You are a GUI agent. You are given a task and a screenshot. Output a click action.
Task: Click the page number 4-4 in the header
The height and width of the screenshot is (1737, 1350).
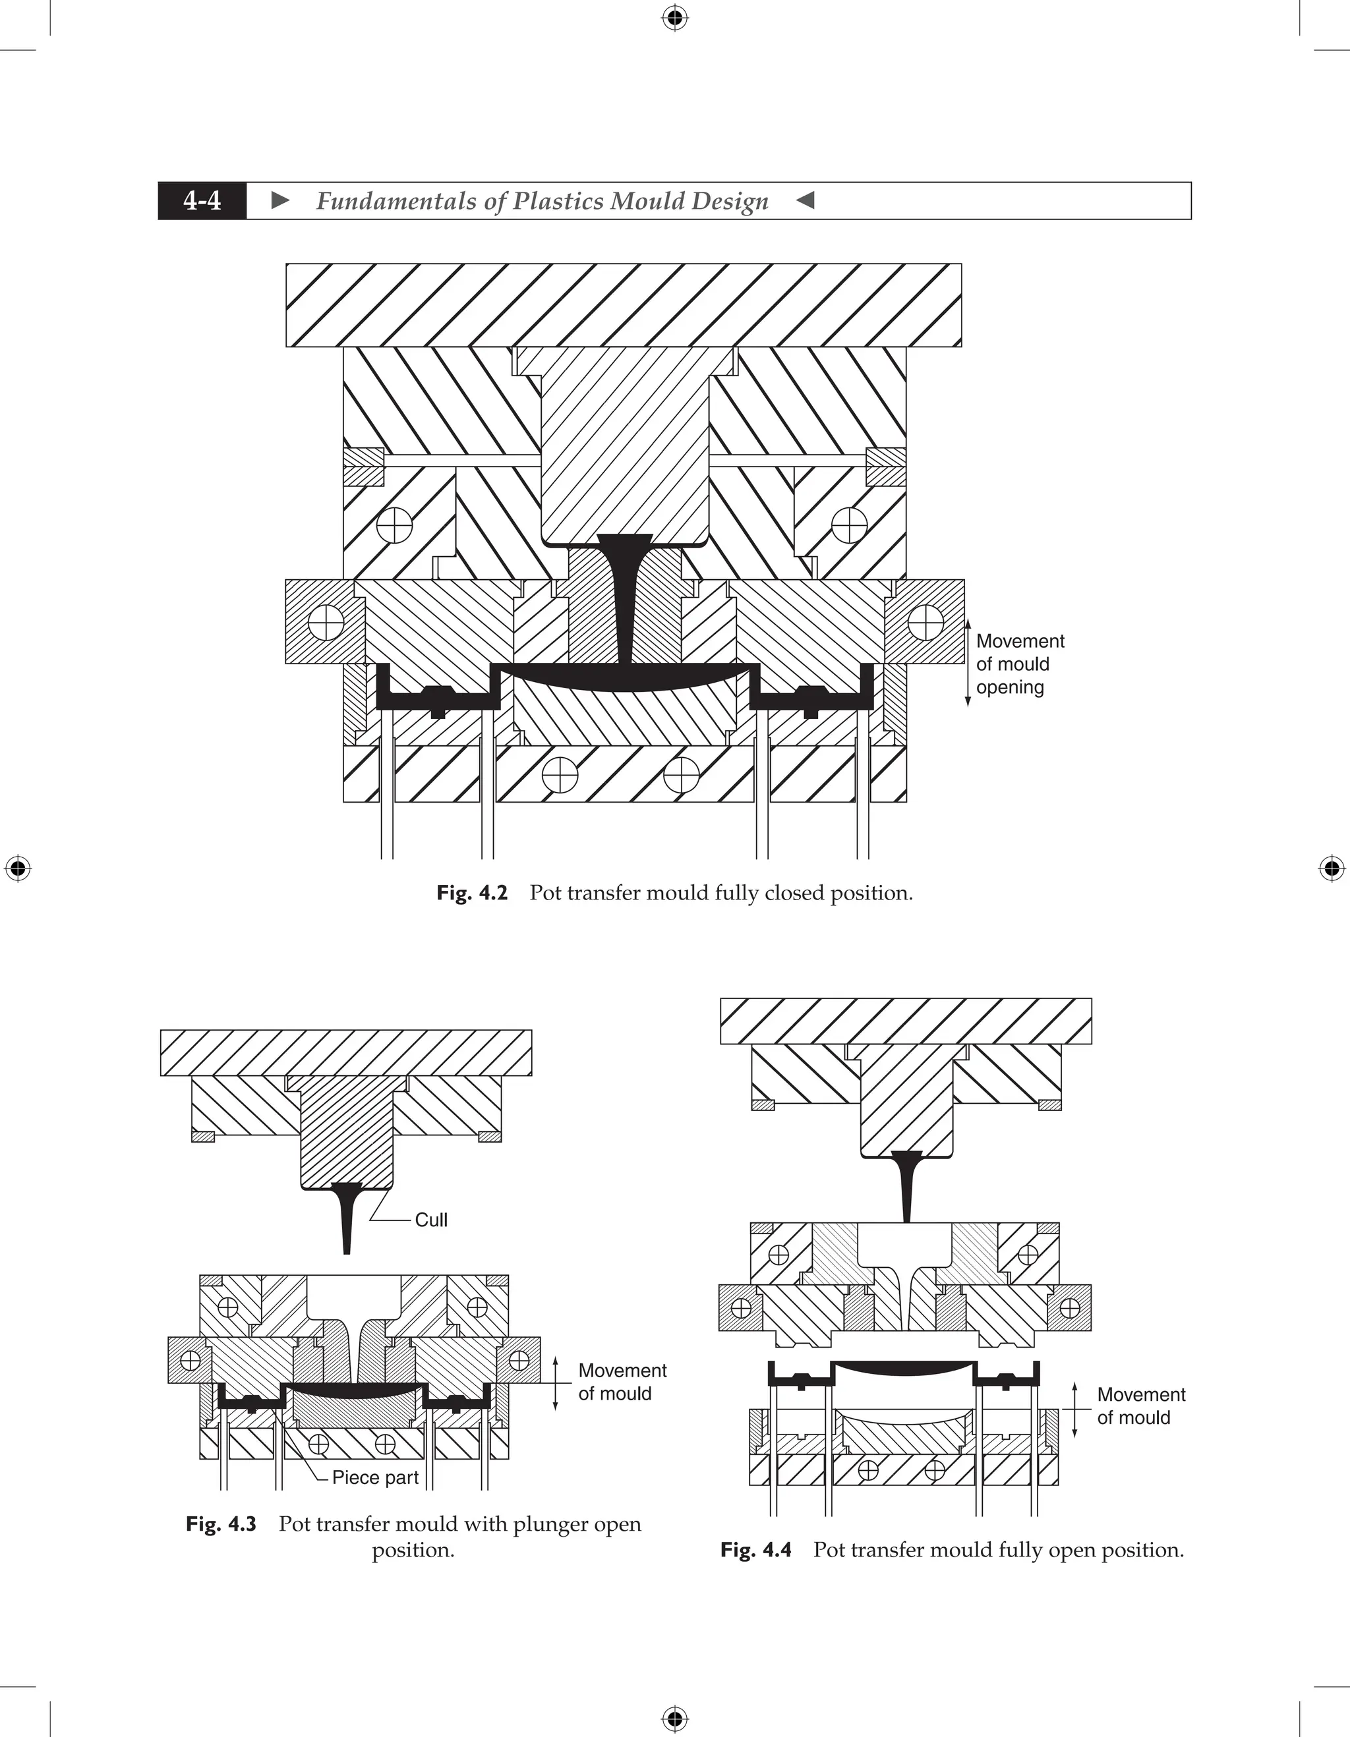202,200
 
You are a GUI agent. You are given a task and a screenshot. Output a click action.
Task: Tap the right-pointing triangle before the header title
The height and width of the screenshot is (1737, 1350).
280,200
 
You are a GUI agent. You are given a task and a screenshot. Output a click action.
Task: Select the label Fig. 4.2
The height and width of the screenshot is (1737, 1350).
472,893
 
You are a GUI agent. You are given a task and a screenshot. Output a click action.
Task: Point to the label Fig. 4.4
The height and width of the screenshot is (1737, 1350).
755,1549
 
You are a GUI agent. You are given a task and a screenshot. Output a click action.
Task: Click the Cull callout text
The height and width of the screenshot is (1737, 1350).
431,1220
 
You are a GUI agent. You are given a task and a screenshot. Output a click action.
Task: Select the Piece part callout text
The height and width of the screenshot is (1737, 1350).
374,1478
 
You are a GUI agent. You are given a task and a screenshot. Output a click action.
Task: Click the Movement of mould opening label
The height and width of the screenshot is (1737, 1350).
1019,664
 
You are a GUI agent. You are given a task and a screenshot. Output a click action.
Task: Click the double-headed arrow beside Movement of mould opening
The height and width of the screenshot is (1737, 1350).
968,664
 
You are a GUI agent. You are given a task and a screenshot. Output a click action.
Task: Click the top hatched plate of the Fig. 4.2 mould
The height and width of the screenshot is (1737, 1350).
624,304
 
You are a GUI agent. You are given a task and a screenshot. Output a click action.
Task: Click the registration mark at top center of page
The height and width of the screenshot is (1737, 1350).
674,18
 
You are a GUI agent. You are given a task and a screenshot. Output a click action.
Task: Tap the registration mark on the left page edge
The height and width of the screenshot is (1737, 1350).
18,868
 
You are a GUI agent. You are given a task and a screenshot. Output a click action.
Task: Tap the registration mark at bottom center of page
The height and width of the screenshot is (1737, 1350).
674,1719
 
